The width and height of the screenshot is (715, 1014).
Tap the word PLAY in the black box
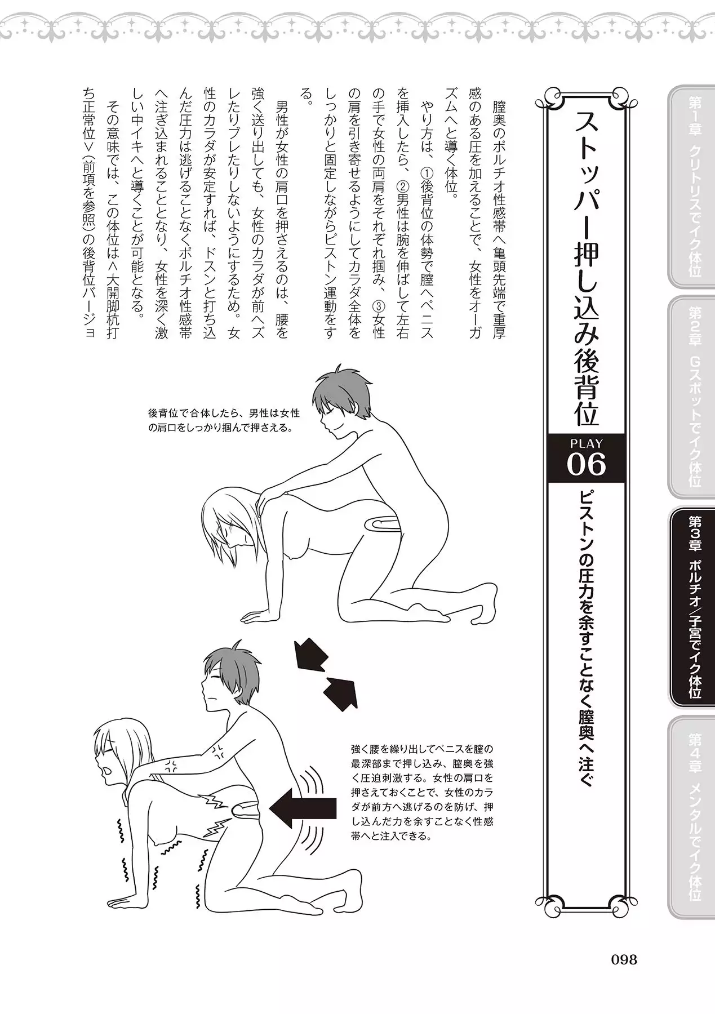pyautogui.click(x=586, y=443)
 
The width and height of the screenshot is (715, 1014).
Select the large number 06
pyautogui.click(x=586, y=465)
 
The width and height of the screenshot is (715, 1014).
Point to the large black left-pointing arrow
pyautogui.click(x=303, y=808)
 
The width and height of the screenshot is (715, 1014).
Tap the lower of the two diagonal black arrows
pyautogui.click(x=341, y=690)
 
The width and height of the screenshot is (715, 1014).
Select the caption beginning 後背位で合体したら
pyautogui.click(x=224, y=421)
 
